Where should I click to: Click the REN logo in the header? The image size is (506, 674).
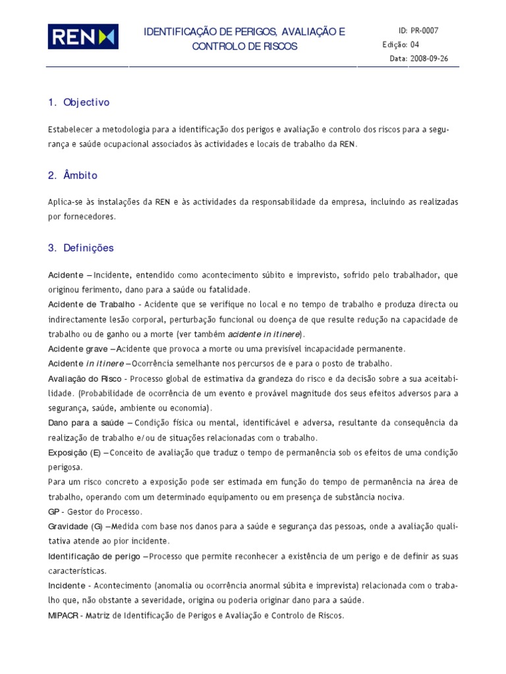(x=82, y=37)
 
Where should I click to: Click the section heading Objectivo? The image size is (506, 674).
(x=86, y=103)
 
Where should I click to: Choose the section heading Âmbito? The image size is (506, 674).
(x=80, y=176)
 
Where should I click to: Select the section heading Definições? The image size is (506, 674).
(x=88, y=248)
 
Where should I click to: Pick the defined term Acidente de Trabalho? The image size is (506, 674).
(x=90, y=304)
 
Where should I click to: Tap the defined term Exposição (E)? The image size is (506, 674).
(x=74, y=453)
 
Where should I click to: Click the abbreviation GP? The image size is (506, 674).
(x=54, y=512)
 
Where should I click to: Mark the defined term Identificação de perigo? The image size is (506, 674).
(x=94, y=557)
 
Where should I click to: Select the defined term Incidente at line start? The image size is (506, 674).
(x=67, y=586)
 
